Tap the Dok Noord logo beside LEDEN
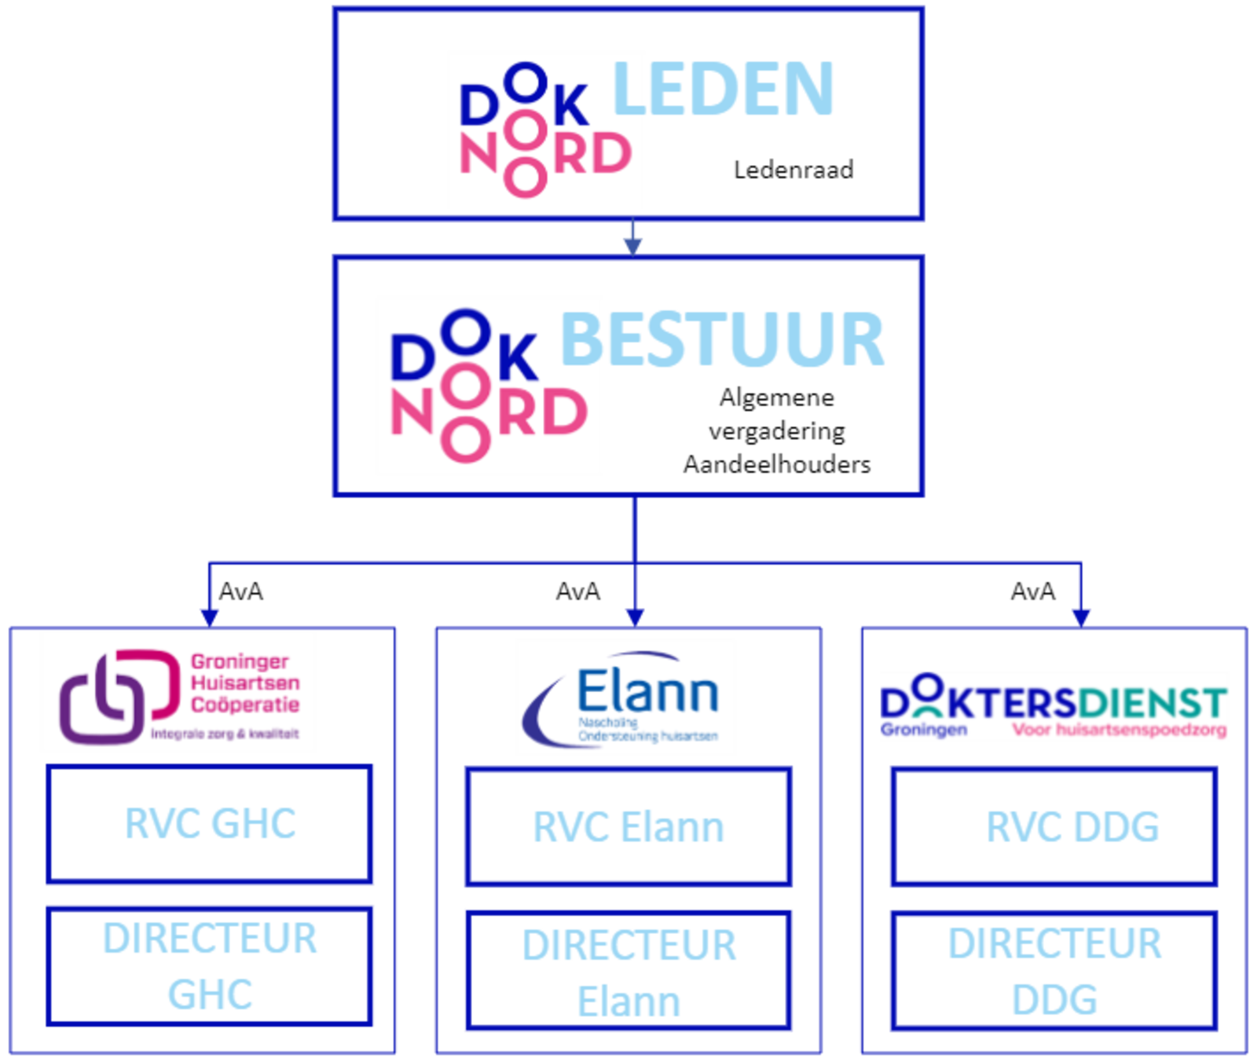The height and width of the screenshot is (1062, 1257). tap(546, 130)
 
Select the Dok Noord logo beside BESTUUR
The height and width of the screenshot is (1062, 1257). tap(489, 385)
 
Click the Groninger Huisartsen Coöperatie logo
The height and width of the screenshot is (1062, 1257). tap(178, 692)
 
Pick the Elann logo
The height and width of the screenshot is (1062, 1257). tap(625, 697)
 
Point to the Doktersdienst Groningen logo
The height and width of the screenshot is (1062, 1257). tap(1054, 705)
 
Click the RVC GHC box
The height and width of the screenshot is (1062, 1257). tap(210, 824)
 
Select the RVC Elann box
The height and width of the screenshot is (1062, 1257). tap(628, 827)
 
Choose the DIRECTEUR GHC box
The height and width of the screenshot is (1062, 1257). tap(210, 965)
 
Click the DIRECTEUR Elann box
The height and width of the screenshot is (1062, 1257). tap(628, 971)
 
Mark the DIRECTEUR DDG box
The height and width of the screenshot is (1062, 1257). tap(1054, 971)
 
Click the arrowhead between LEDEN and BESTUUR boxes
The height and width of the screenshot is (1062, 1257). tap(632, 244)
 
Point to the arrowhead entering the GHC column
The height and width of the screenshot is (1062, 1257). tap(208, 614)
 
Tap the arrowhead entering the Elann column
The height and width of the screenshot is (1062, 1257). tap(634, 614)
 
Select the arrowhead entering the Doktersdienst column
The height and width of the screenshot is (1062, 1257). tap(1081, 614)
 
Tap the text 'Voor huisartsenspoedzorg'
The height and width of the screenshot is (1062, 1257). tap(1119, 731)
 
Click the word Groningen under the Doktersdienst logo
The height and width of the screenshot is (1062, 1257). tap(923, 730)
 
